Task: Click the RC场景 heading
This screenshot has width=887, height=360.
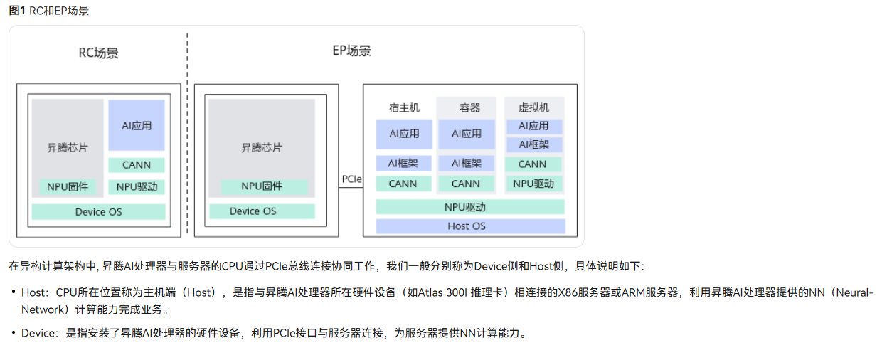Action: tap(98, 53)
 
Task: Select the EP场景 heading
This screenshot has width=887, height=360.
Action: tap(351, 51)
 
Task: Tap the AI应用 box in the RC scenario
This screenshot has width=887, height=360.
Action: tap(137, 125)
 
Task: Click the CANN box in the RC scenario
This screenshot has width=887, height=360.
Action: tap(137, 164)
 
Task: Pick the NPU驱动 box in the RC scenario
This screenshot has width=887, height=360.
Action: tap(137, 187)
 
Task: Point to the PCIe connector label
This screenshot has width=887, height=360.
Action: tap(351, 179)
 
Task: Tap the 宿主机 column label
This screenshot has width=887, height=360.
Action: tap(404, 107)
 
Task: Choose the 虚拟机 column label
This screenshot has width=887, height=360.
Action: tap(533, 107)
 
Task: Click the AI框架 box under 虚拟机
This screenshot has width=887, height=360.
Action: tap(533, 144)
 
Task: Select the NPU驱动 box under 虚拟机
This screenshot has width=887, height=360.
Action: tap(533, 184)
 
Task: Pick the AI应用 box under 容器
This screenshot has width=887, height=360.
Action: tap(467, 134)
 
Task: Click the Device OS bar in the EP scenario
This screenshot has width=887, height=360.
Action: tap(253, 211)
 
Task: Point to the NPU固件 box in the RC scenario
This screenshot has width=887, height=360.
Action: tap(68, 187)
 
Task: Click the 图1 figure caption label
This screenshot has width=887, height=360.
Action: tap(18, 11)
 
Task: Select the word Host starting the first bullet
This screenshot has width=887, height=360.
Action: tap(33, 292)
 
